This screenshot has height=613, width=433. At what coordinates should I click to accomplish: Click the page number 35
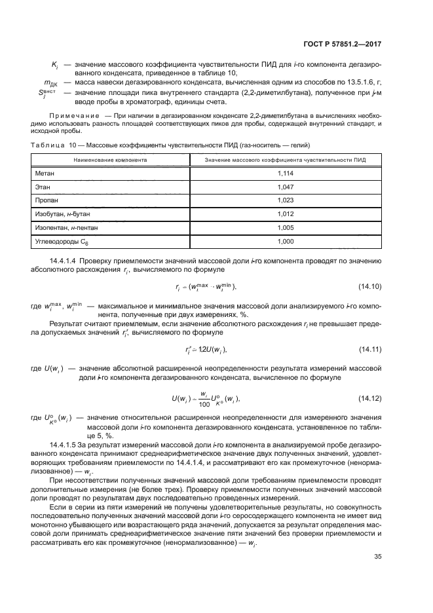tap(377, 539)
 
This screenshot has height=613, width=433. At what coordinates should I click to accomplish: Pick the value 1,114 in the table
tap(284, 173)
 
